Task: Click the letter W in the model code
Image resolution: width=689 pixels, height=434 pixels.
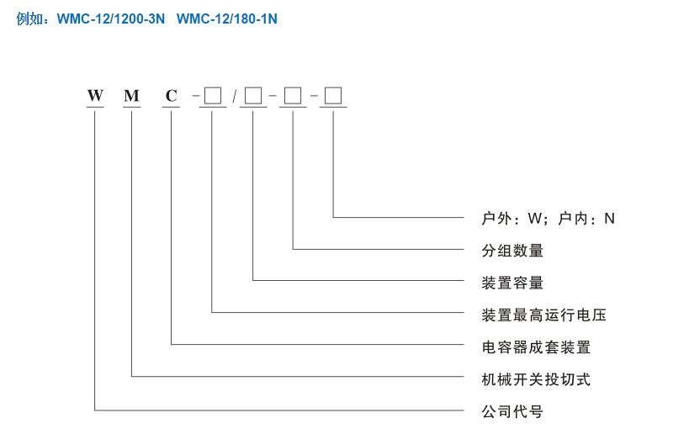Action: pyautogui.click(x=95, y=96)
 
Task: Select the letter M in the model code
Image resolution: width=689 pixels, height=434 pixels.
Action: pyautogui.click(x=131, y=96)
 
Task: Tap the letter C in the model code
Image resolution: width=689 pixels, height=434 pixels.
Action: pyautogui.click(x=172, y=96)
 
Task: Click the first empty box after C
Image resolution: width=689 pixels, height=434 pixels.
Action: pyautogui.click(x=213, y=96)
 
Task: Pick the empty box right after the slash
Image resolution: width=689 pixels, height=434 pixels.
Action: pyautogui.click(x=253, y=96)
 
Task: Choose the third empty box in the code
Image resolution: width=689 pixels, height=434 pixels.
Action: pyautogui.click(x=293, y=96)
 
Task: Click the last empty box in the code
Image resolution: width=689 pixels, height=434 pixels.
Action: pyautogui.click(x=334, y=96)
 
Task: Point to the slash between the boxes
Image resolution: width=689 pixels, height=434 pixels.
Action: pyautogui.click(x=234, y=97)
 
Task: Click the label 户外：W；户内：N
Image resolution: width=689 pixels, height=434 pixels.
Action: pyautogui.click(x=548, y=219)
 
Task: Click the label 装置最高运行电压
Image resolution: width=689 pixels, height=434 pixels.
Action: pyautogui.click(x=543, y=315)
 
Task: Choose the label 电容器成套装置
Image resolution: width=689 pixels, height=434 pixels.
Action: pyautogui.click(x=536, y=347)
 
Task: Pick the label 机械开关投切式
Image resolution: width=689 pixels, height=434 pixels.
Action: pyautogui.click(x=536, y=379)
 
